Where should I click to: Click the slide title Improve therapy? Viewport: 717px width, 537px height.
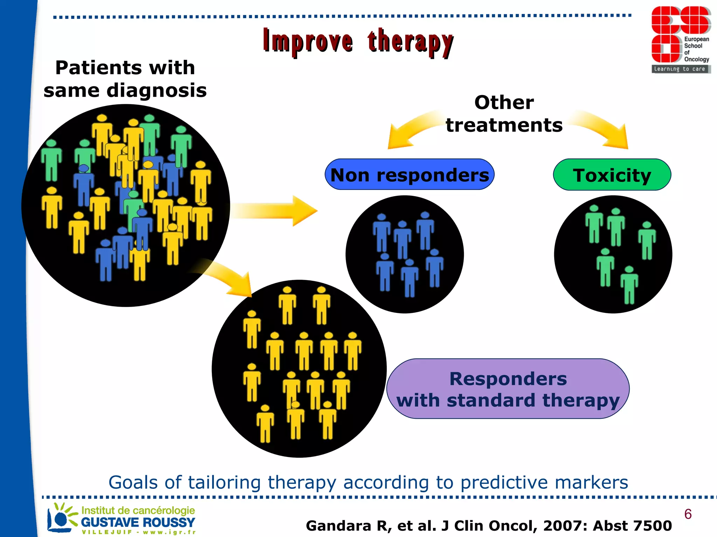tap(358, 42)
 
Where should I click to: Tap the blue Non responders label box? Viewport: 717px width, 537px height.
tap(409, 175)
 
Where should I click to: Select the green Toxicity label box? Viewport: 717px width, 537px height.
tap(612, 175)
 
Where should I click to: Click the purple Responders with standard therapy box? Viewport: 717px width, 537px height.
tap(508, 389)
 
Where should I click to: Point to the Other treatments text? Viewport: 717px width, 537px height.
tap(504, 114)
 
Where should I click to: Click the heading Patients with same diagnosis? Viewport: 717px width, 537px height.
tap(125, 79)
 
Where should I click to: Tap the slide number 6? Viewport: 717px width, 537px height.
tap(688, 514)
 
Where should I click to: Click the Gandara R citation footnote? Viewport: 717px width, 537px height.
tap(488, 526)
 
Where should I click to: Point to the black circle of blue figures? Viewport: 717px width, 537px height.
tap(404, 254)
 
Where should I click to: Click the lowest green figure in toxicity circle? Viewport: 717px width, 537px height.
tap(629, 285)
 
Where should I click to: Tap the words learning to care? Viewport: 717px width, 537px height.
tap(680, 69)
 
